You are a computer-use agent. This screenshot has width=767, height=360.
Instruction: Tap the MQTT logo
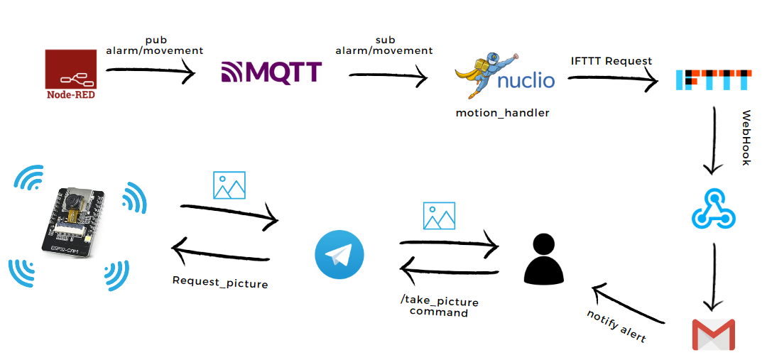tap(271, 72)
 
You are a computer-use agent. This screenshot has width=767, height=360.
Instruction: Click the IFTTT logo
tap(712, 80)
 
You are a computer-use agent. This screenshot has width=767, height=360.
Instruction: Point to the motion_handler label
tap(502, 112)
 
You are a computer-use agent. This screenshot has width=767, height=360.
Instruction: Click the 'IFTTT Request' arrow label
tap(611, 61)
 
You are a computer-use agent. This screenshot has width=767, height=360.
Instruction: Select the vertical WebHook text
tap(746, 138)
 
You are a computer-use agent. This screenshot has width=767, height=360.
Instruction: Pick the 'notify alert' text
tap(616, 326)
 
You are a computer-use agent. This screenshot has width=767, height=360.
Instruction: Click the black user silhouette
tap(543, 257)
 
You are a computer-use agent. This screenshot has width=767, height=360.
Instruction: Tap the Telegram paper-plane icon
tap(339, 254)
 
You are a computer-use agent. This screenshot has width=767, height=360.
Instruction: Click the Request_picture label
tap(220, 282)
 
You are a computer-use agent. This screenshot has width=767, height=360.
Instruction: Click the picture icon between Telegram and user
tap(439, 216)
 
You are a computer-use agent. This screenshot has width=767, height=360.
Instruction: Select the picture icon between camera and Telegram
tap(229, 185)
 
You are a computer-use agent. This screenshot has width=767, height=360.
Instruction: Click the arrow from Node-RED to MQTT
tap(151, 70)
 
